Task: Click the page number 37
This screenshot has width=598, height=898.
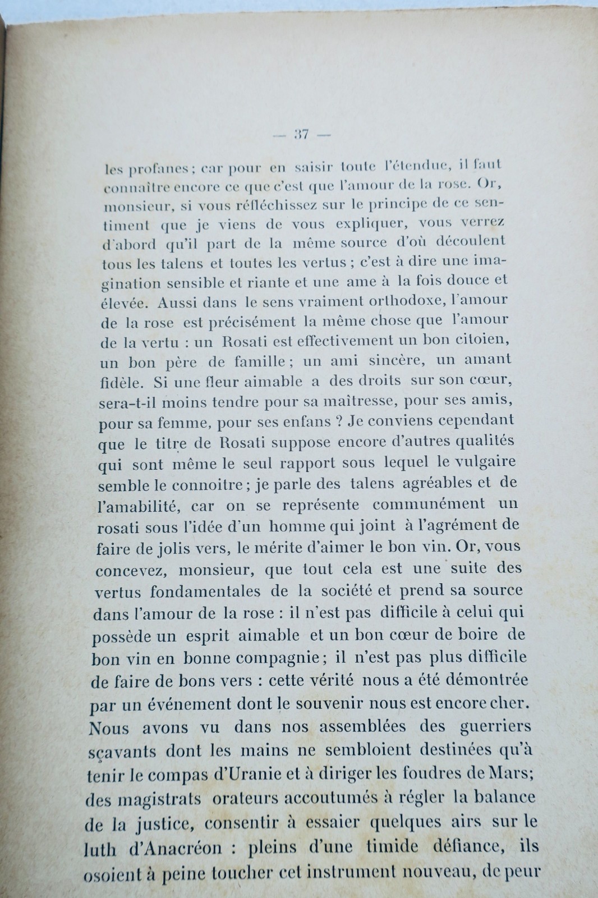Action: [302, 135]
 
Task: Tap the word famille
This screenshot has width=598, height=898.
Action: [258, 361]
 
